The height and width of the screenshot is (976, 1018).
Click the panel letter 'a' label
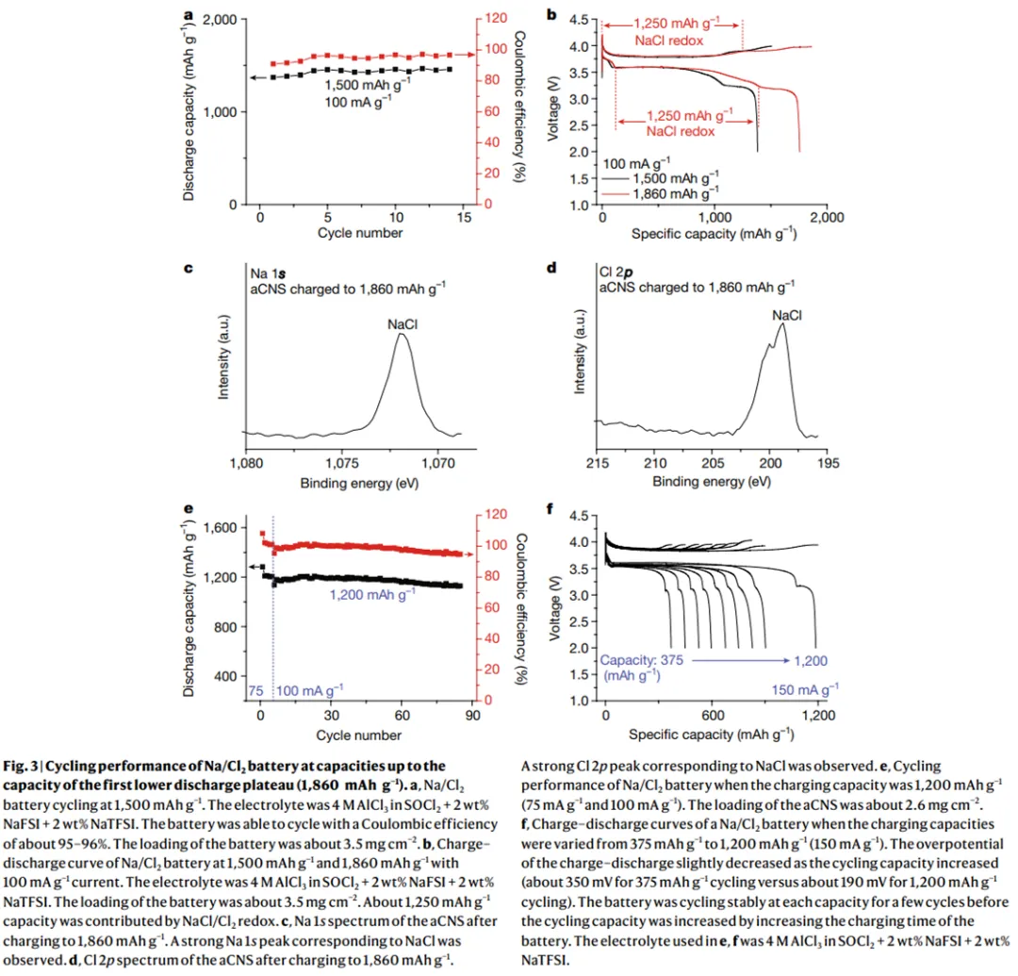[189, 15]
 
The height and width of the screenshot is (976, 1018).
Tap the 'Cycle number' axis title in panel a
[360, 233]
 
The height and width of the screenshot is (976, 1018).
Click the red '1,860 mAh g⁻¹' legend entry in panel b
[675, 192]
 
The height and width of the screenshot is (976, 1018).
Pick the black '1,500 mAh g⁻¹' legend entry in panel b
[675, 177]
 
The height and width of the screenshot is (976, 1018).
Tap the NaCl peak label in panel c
[402, 323]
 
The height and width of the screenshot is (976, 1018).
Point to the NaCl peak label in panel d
[787, 315]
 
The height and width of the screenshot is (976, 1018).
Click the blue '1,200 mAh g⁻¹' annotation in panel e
[372, 594]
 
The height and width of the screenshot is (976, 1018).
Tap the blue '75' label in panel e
[255, 691]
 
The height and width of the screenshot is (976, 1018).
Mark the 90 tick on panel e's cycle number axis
[473, 716]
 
